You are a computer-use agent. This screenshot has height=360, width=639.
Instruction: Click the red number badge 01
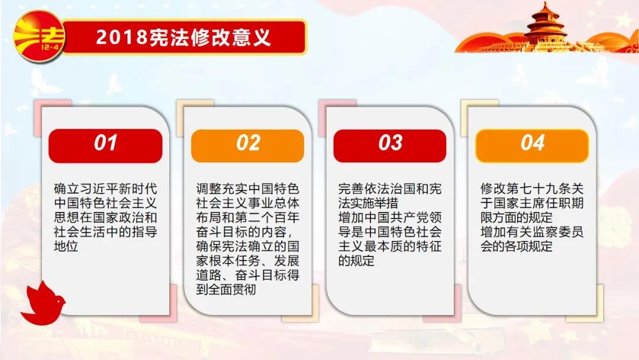pos(105,146)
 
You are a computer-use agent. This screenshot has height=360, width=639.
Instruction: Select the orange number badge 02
pos(247,146)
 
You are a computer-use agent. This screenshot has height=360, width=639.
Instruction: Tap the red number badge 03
pos(389,146)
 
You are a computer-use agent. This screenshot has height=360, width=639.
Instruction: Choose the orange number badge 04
pos(532,146)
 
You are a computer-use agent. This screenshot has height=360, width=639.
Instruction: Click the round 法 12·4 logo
pos(38,37)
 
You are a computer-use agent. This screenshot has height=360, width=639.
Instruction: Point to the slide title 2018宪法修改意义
pos(183,37)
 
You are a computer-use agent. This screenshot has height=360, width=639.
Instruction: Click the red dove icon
pos(43,303)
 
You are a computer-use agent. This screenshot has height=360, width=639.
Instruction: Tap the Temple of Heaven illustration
pos(547,28)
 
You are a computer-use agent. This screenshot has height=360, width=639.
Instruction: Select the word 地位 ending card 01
pos(66,246)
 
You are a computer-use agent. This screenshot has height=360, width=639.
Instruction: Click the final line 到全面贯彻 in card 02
pos(226,290)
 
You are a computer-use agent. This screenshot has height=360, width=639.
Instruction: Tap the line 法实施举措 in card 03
pos(368,203)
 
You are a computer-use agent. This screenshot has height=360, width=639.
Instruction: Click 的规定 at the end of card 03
pos(356,261)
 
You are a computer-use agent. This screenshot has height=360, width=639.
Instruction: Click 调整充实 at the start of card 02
pos(222,189)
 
